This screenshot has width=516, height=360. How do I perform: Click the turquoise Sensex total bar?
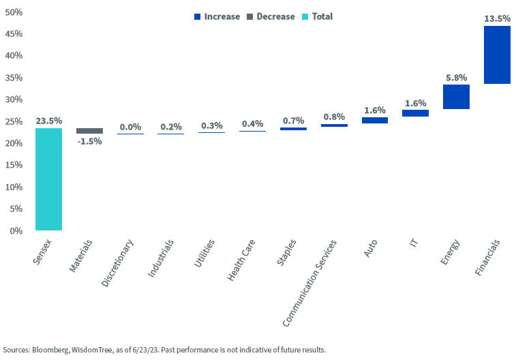pyautogui.click(x=48, y=179)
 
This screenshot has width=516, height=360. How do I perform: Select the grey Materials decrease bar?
pyautogui.click(x=89, y=131)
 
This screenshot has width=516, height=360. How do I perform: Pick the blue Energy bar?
pyautogui.click(x=456, y=97)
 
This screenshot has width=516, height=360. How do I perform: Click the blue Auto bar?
pyautogui.click(x=374, y=120)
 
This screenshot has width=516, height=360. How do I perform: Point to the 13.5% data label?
pyautogui.click(x=497, y=19)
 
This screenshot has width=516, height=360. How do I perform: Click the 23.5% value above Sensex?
pyautogui.click(x=48, y=121)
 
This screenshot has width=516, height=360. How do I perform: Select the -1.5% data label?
pyautogui.click(x=89, y=141)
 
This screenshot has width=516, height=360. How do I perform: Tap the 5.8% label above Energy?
pyautogui.click(x=456, y=78)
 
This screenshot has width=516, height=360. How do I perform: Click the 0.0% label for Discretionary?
pyautogui.click(x=130, y=127)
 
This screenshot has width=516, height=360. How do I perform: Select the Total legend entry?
pyautogui.click(x=317, y=16)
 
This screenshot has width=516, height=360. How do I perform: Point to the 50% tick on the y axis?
pyautogui.click(x=14, y=12)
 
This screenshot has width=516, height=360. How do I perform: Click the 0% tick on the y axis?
pyautogui.click(x=16, y=230)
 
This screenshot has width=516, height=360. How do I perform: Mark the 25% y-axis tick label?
pyautogui.click(x=14, y=121)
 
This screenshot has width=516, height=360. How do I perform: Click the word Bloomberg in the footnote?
pyautogui.click(x=55, y=350)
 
